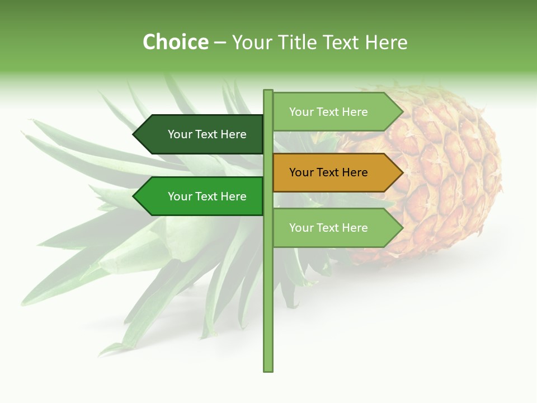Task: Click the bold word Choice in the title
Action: click(175, 42)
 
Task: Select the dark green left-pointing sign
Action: click(201, 134)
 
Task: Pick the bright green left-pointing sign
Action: click(201, 196)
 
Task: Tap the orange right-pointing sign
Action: click(333, 172)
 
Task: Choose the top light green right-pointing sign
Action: click(333, 112)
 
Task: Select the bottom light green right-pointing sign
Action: click(333, 228)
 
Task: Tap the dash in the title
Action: click(220, 43)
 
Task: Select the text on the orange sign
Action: click(328, 172)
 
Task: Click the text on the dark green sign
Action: click(207, 134)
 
